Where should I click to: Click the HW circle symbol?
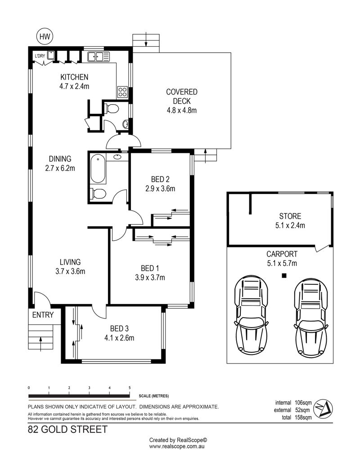coord(45,36)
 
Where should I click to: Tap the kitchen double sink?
coord(99,57)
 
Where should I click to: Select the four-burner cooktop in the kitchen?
coord(122,92)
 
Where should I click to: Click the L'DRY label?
coord(40,56)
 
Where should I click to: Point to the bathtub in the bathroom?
coord(98,168)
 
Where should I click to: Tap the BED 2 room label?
coord(160,179)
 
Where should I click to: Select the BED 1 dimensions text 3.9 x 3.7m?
coord(150,278)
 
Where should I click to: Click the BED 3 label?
coord(119,328)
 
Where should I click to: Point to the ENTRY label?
coord(43,315)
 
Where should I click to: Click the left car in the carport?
coord(251,314)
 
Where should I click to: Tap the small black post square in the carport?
coord(284,275)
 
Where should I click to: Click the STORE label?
coord(290,216)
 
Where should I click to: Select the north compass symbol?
coord(323,408)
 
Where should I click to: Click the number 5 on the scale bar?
coord(130,388)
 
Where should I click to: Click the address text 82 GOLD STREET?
coord(67,430)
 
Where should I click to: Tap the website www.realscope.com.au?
coord(177,447)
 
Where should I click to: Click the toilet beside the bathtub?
coord(98,193)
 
